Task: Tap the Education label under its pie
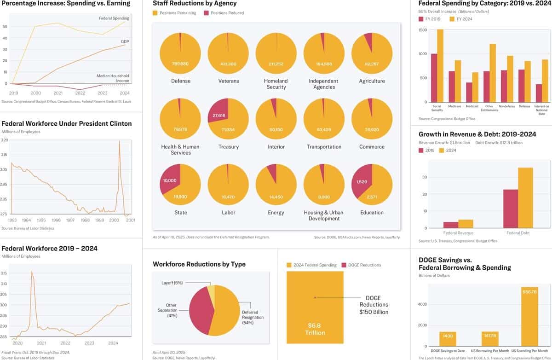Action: coord(372,213)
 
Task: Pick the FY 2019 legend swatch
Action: coord(421,19)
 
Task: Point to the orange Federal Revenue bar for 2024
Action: coord(466,224)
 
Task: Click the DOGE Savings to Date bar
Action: coord(448,338)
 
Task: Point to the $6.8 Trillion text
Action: coord(315,329)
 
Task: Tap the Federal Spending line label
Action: coord(114,18)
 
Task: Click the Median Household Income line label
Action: coord(113,78)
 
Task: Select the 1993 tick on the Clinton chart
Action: coord(12,220)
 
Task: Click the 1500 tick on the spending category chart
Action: coord(422,30)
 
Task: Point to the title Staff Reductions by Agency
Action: coord(195,4)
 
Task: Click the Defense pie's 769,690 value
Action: coord(180,64)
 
